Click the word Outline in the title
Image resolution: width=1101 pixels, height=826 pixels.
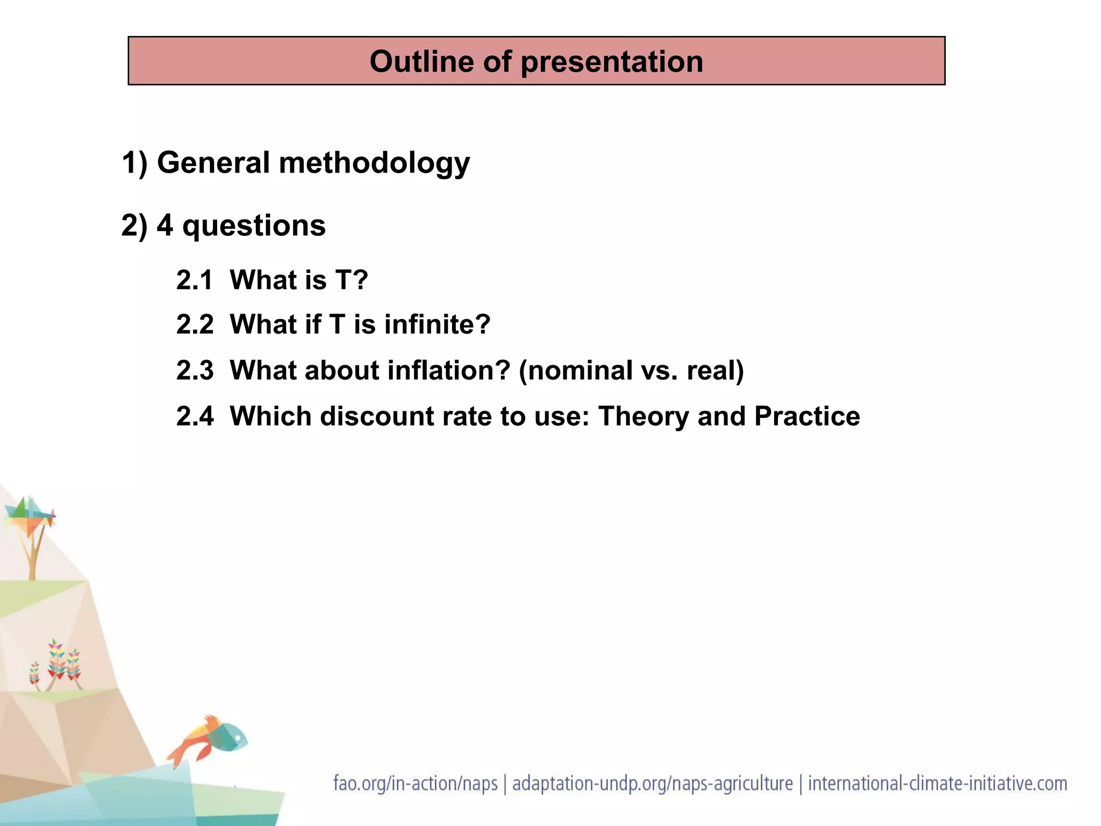point(421,61)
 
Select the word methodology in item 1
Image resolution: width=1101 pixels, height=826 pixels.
point(374,163)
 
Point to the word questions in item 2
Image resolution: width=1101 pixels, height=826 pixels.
point(254,226)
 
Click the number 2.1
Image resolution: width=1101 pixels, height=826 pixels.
point(195,280)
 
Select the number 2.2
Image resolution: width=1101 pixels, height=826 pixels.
point(195,325)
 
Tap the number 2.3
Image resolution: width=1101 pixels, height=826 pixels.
point(195,371)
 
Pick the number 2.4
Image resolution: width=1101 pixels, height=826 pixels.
point(195,416)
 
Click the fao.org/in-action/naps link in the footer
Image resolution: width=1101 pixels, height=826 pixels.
point(415,784)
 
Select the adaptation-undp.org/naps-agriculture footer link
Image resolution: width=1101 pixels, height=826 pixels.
point(652,784)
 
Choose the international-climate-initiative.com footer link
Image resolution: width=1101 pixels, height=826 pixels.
point(938,784)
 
